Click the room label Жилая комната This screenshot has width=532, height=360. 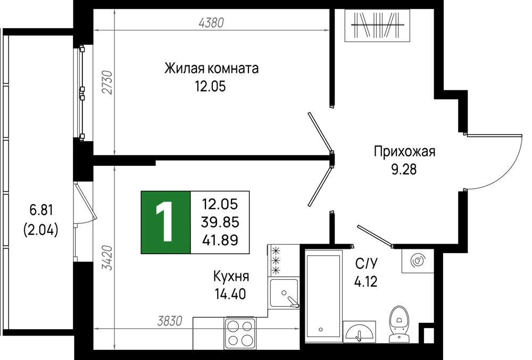point(211,68)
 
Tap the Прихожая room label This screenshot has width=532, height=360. point(404,151)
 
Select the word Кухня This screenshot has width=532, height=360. point(231,277)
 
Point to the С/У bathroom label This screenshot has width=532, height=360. point(367,263)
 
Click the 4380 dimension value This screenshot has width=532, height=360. point(211,23)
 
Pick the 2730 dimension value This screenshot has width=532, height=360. point(107,82)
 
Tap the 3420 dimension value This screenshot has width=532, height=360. point(107,257)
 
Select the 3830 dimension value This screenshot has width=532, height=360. point(170,321)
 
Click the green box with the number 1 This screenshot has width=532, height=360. point(165,222)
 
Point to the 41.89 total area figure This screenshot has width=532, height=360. point(220,240)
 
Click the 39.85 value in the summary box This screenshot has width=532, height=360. point(220,222)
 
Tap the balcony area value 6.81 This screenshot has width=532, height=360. point(41,211)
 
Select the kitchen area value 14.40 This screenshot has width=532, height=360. point(230,294)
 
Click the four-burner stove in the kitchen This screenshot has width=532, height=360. point(240,332)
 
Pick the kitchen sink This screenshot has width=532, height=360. point(284,293)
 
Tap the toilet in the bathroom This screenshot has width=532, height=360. point(399,324)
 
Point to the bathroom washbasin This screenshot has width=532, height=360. point(359,331)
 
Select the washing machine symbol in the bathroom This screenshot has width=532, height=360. point(418,261)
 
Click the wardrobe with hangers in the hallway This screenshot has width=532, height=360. point(377,26)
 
